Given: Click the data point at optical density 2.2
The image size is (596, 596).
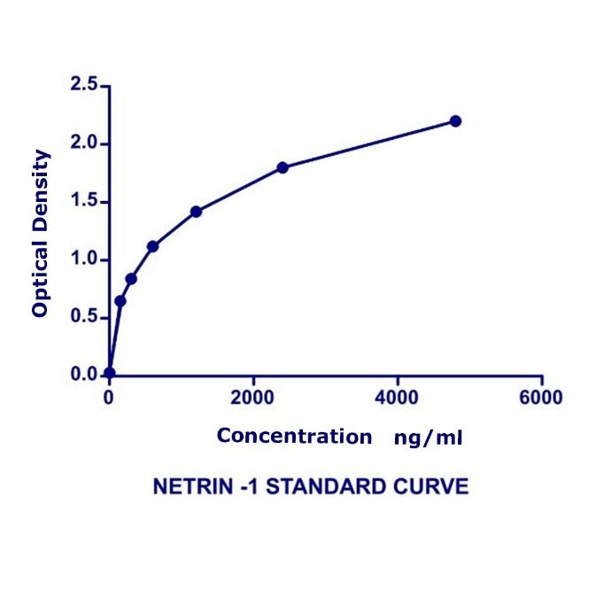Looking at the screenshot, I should click(x=455, y=120).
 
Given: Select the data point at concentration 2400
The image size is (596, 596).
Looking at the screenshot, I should click(x=283, y=167).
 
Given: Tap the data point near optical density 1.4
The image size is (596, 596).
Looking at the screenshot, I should click(x=196, y=212).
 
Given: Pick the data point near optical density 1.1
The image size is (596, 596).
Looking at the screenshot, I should click(x=152, y=246).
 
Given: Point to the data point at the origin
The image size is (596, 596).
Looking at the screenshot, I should click(x=109, y=373).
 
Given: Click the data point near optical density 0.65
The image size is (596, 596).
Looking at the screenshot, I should click(x=120, y=301).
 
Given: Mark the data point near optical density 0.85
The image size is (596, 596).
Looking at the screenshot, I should click(x=131, y=279).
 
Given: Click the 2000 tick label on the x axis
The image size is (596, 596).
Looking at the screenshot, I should click(x=253, y=398).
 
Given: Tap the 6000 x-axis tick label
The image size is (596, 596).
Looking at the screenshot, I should click(x=541, y=398).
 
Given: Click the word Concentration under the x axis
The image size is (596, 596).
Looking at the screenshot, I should click(x=294, y=436).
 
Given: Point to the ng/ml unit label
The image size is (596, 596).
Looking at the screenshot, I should click(x=429, y=437).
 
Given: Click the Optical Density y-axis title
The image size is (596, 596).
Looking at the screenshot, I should click(x=40, y=234).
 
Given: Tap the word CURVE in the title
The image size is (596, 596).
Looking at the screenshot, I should click(x=437, y=487).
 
